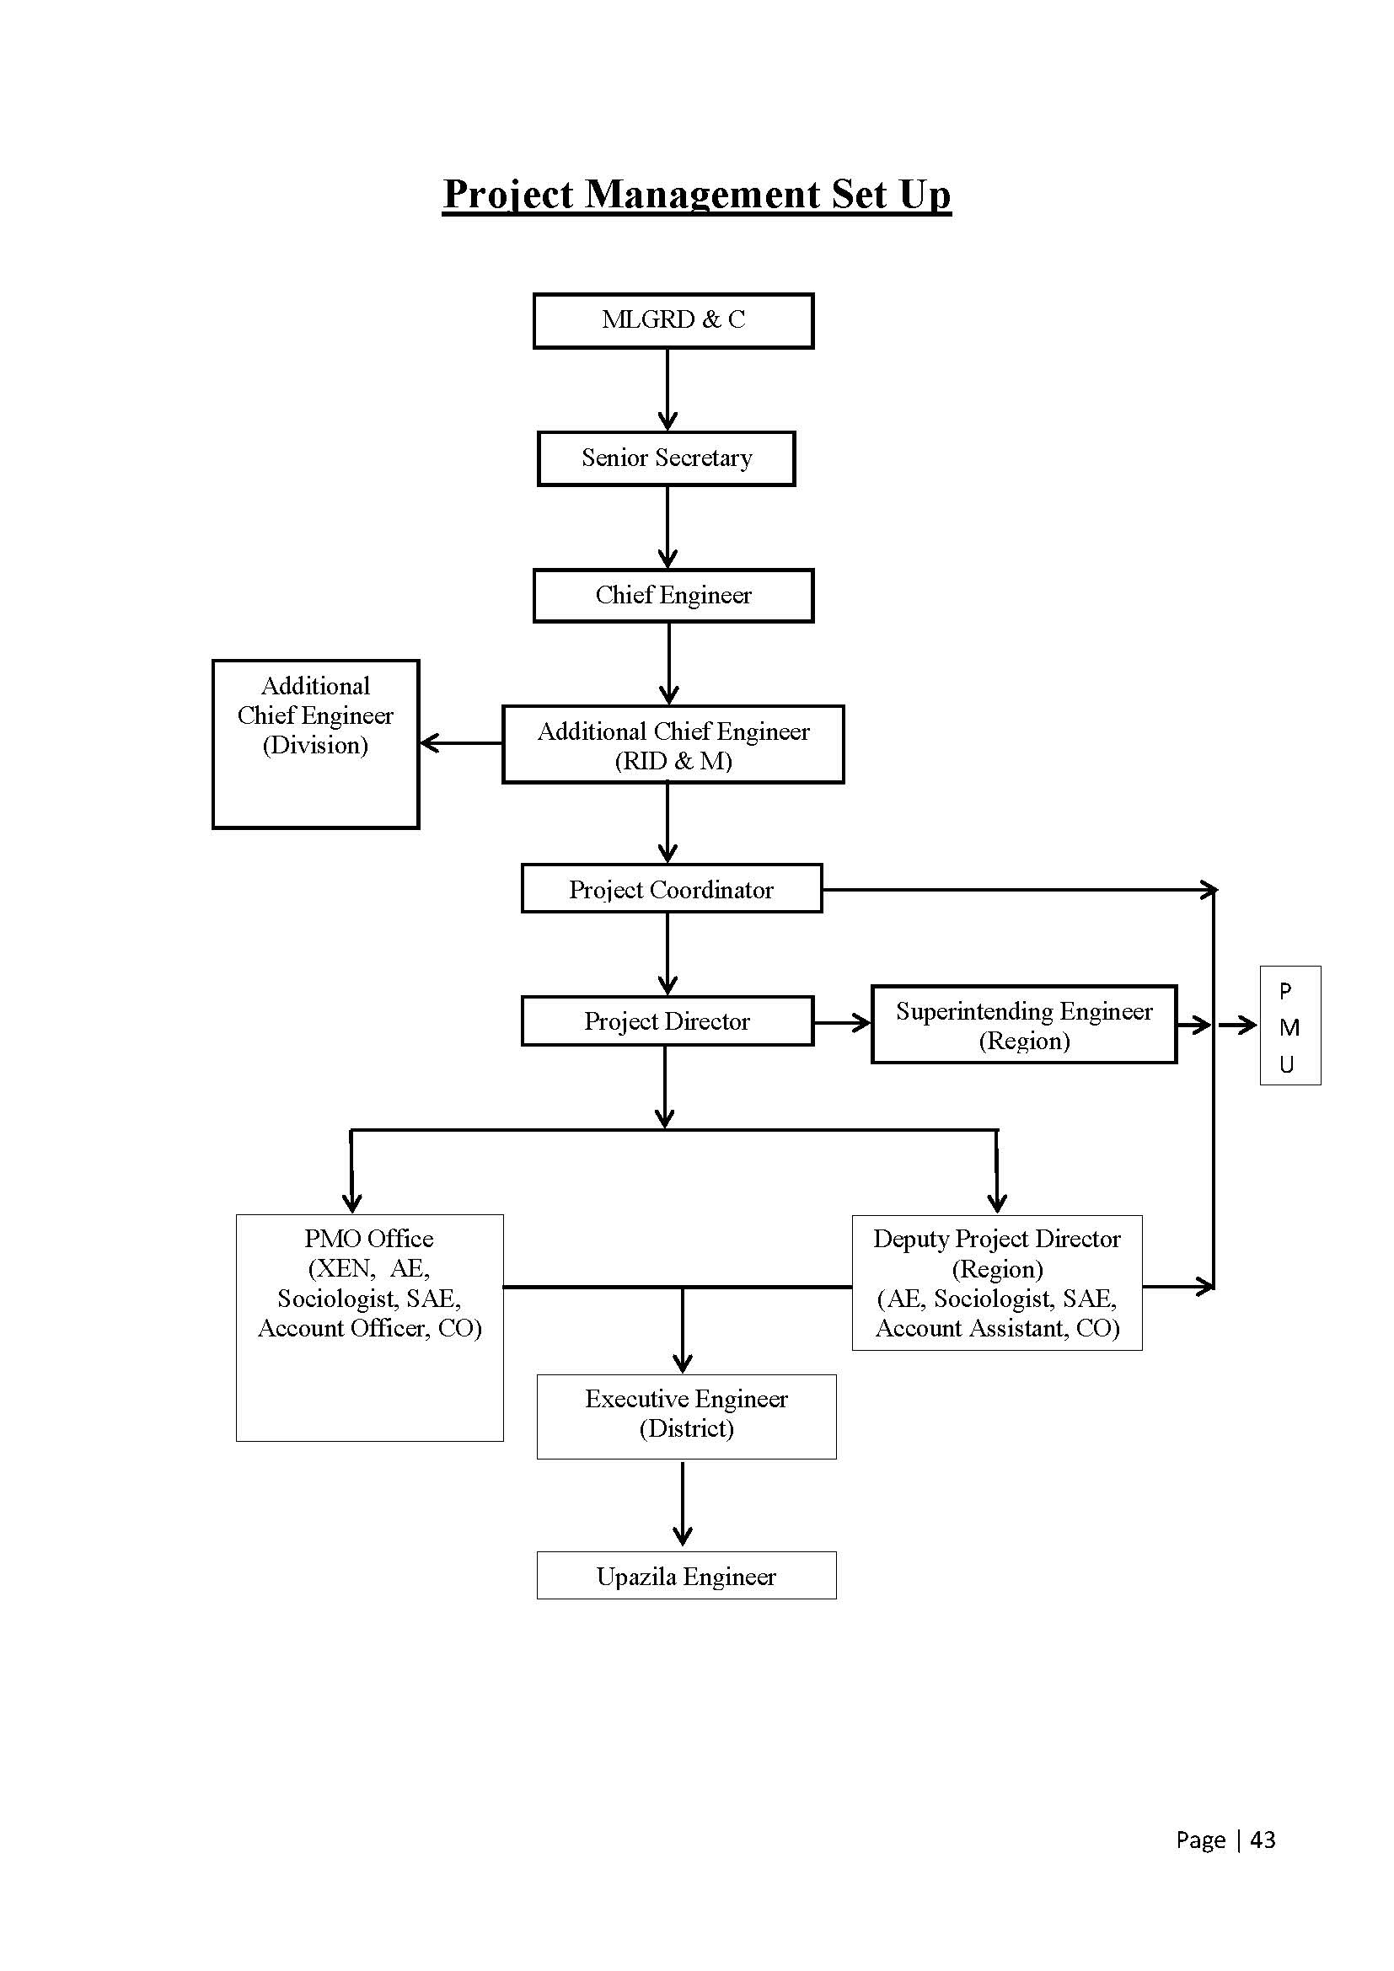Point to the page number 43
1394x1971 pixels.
click(x=1263, y=1840)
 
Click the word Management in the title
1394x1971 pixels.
click(x=702, y=195)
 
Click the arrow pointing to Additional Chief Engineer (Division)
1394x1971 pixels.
click(x=462, y=743)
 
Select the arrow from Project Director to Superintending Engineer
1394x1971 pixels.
click(x=842, y=1022)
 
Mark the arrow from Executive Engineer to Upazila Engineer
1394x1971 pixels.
click(x=683, y=1505)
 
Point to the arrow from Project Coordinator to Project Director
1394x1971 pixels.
click(x=668, y=954)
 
